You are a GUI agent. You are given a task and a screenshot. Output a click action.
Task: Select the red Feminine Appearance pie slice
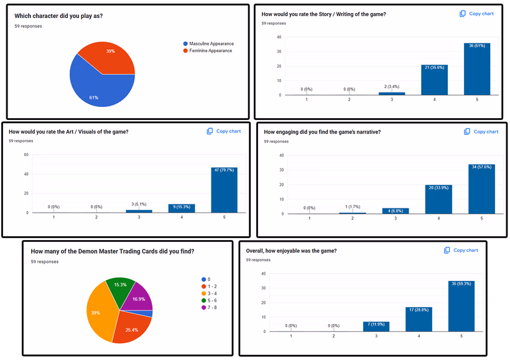pyautogui.click(x=113, y=55)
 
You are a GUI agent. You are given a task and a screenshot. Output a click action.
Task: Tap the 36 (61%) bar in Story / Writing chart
pyautogui.click(x=477, y=69)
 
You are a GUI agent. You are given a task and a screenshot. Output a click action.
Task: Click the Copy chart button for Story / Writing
pyautogui.click(x=476, y=14)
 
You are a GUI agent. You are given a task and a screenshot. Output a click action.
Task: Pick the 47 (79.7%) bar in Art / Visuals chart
pyautogui.click(x=224, y=190)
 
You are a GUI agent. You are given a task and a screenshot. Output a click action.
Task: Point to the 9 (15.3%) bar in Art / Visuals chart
pyautogui.click(x=182, y=208)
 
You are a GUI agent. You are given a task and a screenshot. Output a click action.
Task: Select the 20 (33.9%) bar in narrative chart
pyautogui.click(x=438, y=199)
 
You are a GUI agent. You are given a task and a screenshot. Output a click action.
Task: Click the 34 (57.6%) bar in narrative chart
pyautogui.click(x=481, y=189)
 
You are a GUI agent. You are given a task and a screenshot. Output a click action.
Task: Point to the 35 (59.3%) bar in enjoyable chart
pyautogui.click(x=461, y=306)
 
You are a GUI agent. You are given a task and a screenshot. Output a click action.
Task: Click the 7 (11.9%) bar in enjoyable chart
pyautogui.click(x=376, y=326)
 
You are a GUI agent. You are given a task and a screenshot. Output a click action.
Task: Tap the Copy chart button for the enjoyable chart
pyautogui.click(x=461, y=250)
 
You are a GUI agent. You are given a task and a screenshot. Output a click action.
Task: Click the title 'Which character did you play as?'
pyautogui.click(x=58, y=16)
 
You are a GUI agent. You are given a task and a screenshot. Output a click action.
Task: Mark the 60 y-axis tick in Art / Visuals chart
pyautogui.click(x=25, y=155)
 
